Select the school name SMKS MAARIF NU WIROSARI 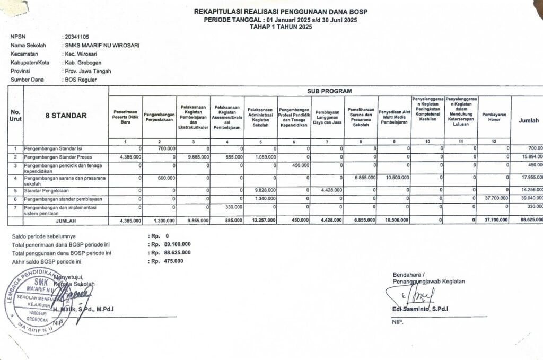click(101, 46)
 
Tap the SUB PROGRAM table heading click(325, 91)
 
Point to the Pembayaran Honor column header click(494, 117)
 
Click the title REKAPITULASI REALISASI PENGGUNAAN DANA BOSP click(282, 12)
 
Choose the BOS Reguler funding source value click(80, 80)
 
